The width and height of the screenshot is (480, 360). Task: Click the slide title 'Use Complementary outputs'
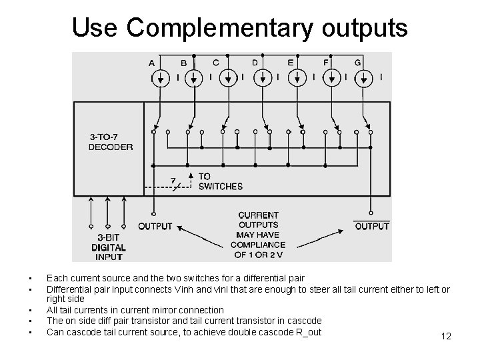(240, 27)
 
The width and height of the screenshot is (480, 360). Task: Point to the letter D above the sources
(255, 63)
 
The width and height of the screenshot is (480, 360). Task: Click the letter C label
(215, 63)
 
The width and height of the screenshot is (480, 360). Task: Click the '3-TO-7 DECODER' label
(111, 142)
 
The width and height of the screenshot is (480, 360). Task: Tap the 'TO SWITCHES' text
(220, 181)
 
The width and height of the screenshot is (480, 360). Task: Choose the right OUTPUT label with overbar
(371, 227)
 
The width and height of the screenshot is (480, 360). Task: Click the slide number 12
(446, 336)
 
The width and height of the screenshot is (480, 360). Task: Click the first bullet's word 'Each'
(55, 277)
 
